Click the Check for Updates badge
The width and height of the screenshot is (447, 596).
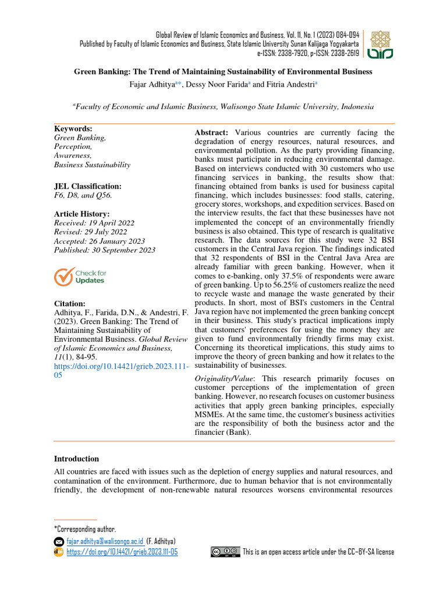pos(80,276)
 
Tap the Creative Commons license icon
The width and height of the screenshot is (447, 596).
pos(225,551)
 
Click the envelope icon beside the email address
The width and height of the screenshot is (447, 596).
pos(59,541)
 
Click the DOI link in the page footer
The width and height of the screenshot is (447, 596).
pos(122,552)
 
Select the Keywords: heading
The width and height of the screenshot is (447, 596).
pos(73,129)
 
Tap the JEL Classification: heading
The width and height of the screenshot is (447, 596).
pos(88,186)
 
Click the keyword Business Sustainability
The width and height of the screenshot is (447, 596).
pos(92,165)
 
